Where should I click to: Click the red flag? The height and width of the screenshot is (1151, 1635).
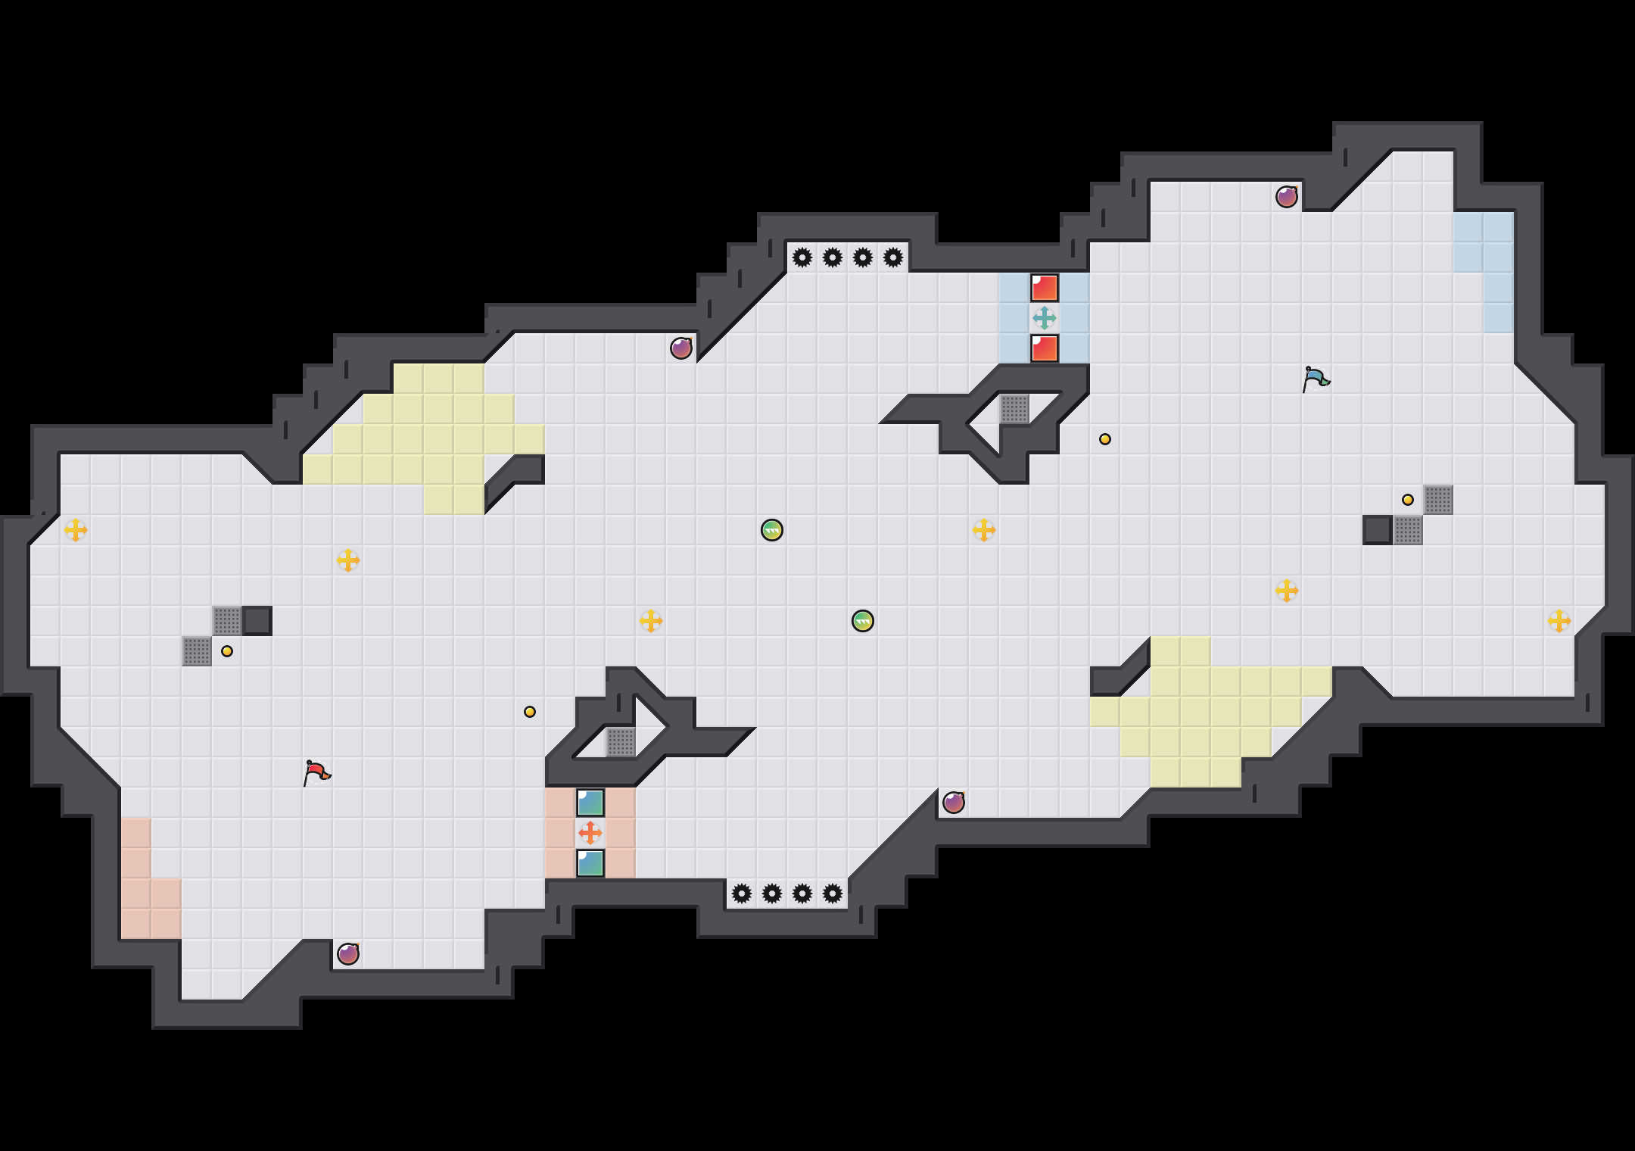[316, 772]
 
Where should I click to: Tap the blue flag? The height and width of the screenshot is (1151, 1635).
[1316, 379]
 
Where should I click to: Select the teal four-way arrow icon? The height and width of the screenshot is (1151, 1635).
[1045, 318]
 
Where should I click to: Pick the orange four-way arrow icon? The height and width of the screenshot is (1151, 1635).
[590, 833]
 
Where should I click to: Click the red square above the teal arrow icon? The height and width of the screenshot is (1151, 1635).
[1045, 288]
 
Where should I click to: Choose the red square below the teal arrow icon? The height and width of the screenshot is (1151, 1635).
[1045, 348]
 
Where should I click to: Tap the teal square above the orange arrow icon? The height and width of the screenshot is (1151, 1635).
[590, 803]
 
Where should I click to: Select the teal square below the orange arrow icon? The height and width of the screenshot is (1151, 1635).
[590, 863]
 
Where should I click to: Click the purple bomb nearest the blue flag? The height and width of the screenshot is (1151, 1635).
[1287, 197]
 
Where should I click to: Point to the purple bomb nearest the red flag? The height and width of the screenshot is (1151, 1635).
[348, 954]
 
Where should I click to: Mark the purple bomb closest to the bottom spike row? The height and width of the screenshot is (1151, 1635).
[954, 803]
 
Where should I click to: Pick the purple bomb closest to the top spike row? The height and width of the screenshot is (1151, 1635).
[681, 348]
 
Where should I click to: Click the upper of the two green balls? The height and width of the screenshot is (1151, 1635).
[772, 530]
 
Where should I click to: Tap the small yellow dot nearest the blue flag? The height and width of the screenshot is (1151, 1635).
[1408, 500]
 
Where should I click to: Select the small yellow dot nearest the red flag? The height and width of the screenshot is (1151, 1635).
[227, 651]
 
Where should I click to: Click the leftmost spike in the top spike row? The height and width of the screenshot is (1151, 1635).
[802, 257]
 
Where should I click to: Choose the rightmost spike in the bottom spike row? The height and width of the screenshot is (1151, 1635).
[833, 894]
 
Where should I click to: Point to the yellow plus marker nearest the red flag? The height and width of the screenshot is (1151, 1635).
[348, 560]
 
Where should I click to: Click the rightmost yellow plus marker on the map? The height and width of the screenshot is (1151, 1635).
[1559, 621]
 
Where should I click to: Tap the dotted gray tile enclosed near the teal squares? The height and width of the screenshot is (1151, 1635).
[621, 742]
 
